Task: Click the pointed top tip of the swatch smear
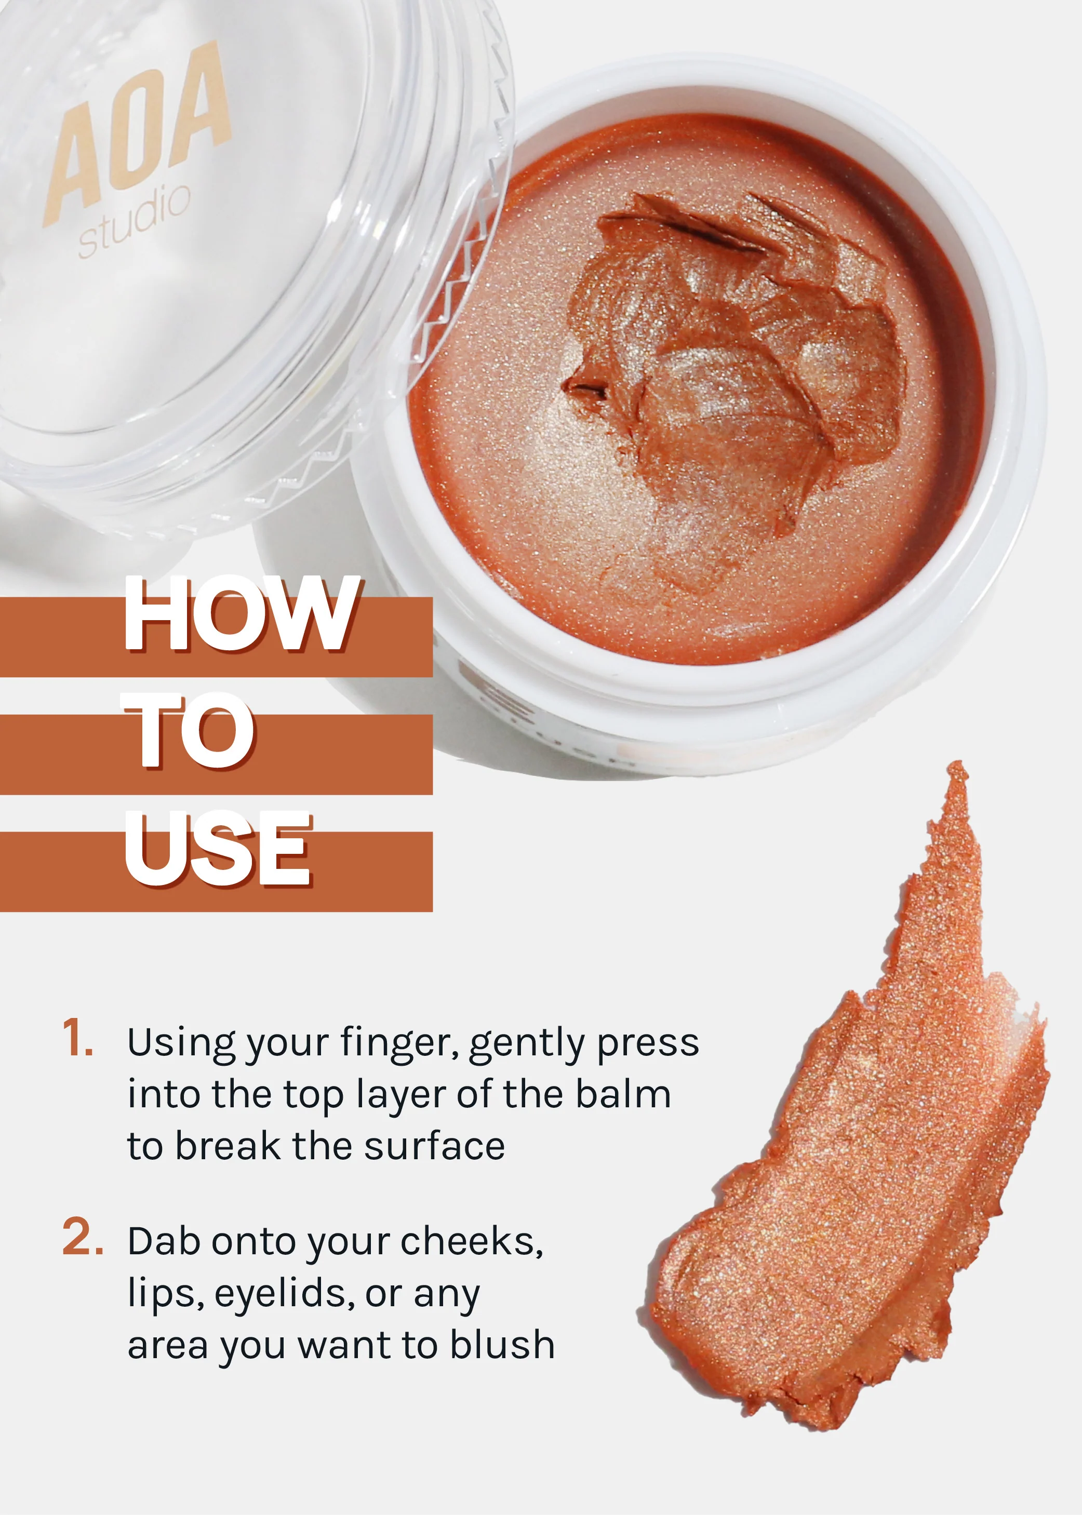(957, 768)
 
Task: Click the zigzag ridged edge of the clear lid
(460, 280)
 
